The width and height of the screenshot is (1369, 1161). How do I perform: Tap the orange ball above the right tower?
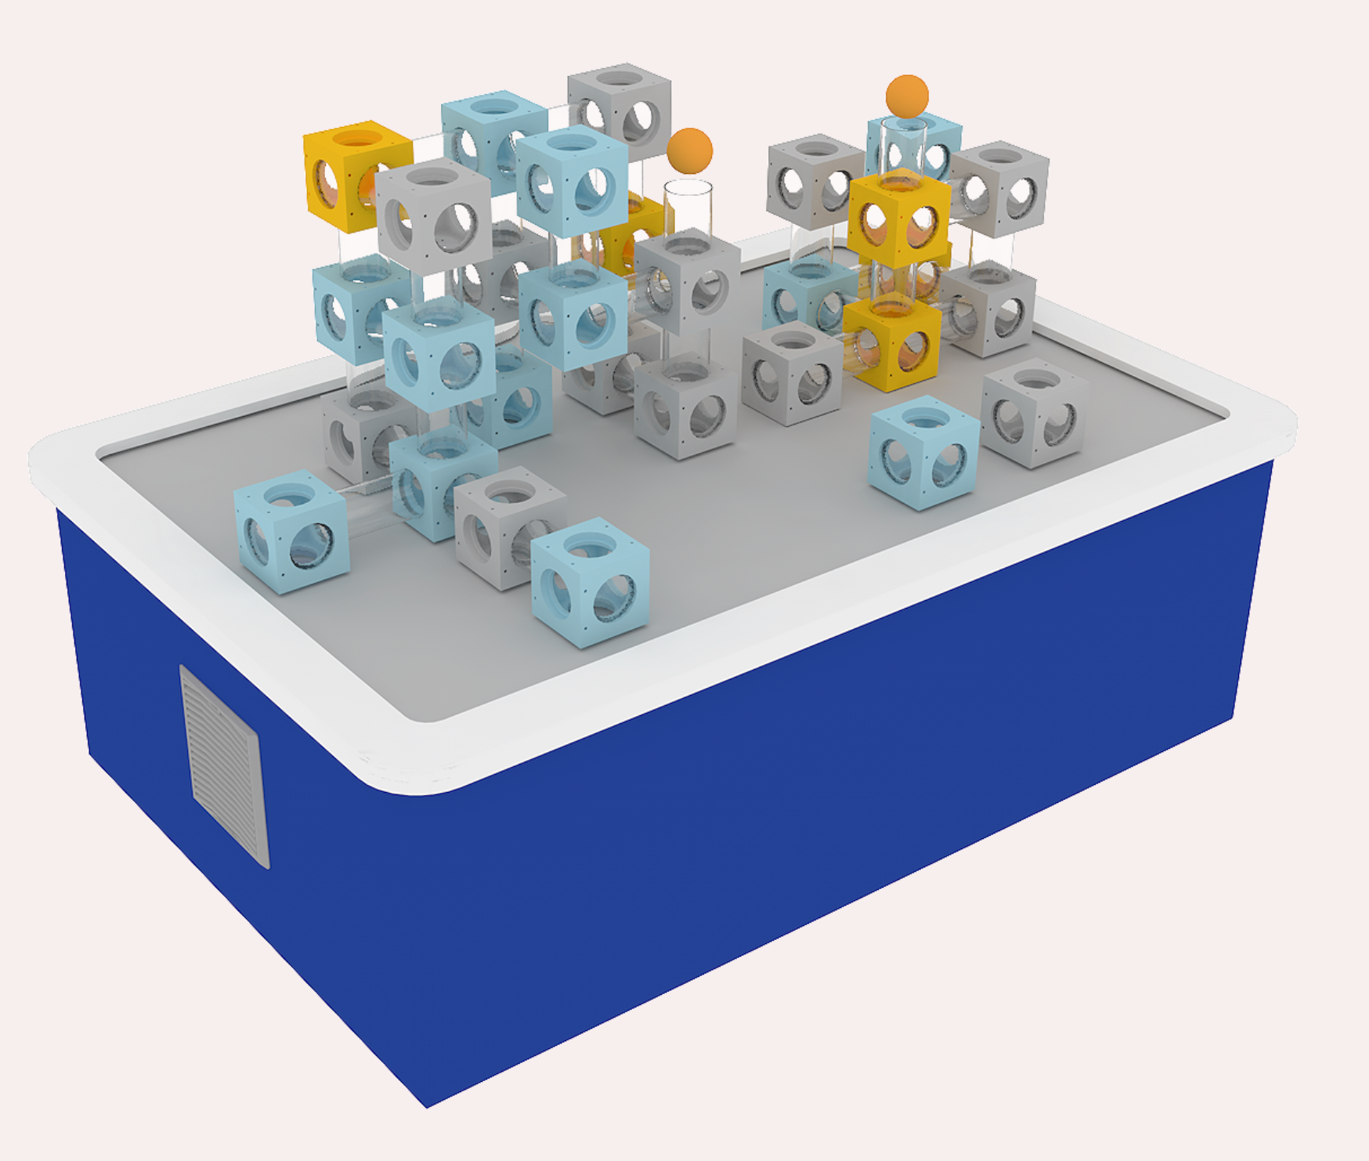907,97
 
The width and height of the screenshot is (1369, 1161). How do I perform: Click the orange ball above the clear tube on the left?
690,150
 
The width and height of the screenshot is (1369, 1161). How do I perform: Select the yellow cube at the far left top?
356,175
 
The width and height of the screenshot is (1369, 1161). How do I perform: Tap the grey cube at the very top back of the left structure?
619,110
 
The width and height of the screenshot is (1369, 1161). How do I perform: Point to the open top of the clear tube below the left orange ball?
688,188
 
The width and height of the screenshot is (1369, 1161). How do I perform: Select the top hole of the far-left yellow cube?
358,140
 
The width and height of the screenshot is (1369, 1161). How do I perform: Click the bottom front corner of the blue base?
427,1105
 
